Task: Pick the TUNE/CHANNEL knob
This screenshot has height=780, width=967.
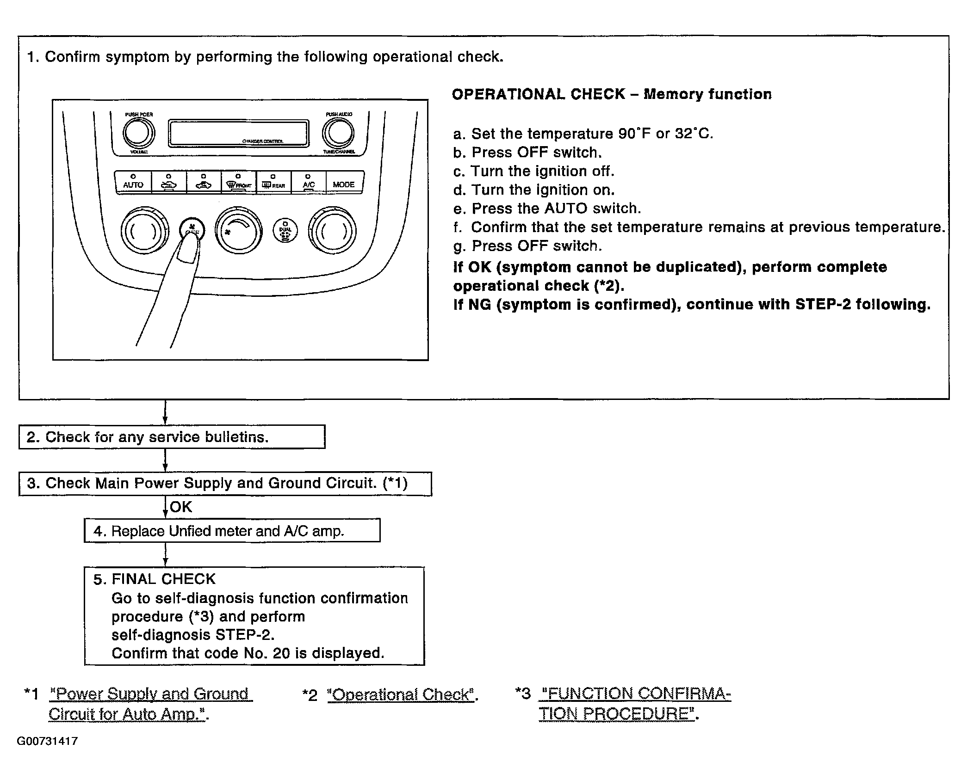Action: tap(339, 133)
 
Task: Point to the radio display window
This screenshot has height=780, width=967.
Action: tap(239, 134)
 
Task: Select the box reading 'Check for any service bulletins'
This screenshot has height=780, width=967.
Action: tap(172, 437)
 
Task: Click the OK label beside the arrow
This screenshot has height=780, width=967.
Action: tap(181, 507)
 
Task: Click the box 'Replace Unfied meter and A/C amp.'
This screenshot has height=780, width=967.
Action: tap(232, 531)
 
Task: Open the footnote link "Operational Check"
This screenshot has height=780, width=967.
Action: tap(401, 694)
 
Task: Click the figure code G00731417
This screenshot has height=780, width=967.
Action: tap(47, 742)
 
